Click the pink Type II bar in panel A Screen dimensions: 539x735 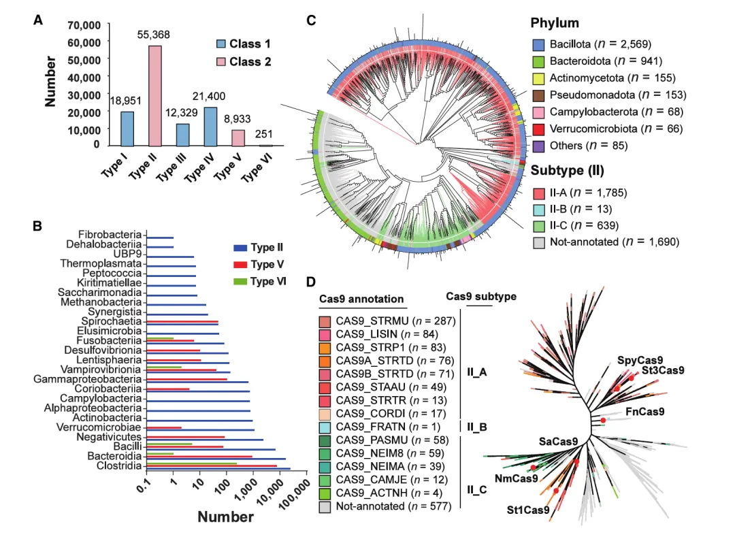(x=155, y=95)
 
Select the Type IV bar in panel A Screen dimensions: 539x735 (x=210, y=127)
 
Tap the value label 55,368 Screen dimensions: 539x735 (x=156, y=34)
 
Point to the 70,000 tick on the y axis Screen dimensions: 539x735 (x=84, y=25)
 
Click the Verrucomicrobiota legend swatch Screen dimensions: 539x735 (x=538, y=128)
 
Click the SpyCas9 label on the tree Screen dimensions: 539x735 (x=640, y=359)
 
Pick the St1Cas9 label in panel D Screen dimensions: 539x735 (x=527, y=509)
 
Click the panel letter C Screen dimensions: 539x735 (x=311, y=20)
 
